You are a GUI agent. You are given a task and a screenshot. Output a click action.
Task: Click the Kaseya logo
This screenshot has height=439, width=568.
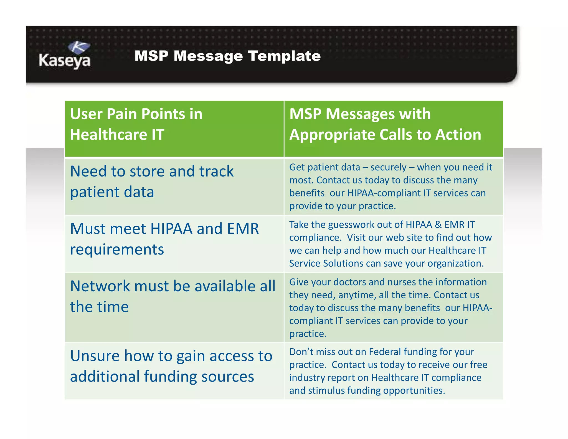tap(65, 55)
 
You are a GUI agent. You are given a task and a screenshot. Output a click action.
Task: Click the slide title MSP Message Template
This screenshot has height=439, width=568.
tap(227, 56)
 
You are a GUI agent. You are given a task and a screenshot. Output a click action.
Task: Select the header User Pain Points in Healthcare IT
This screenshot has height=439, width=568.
tap(136, 124)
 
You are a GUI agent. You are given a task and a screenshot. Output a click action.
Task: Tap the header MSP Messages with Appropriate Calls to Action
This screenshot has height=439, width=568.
tap(385, 124)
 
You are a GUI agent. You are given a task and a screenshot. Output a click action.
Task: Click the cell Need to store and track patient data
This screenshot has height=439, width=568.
tap(152, 181)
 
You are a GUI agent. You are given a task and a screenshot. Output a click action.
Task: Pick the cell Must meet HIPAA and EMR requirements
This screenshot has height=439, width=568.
tap(164, 239)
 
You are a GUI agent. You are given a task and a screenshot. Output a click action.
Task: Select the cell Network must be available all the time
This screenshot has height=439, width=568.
tap(173, 296)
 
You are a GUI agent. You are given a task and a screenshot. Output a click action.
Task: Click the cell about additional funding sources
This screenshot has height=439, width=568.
tap(171, 366)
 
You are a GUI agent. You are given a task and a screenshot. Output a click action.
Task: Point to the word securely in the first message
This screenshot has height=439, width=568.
tap(388, 167)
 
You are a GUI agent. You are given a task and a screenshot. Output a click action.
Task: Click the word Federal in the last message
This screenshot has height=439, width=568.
tap(385, 352)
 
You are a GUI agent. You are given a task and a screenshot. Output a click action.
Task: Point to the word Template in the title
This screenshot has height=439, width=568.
tap(284, 56)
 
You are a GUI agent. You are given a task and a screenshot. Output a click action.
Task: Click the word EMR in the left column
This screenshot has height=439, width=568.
tap(243, 229)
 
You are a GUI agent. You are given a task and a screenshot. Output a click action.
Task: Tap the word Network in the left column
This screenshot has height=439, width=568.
tap(100, 286)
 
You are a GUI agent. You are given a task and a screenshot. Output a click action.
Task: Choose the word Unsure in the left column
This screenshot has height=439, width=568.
tap(95, 356)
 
